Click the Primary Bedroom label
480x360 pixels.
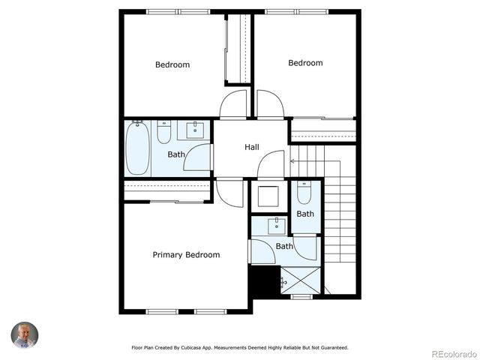(x=186, y=255)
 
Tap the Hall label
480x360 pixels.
(x=252, y=147)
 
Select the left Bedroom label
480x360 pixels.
(x=172, y=64)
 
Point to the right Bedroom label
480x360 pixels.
(x=305, y=63)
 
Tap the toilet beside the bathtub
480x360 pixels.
(x=164, y=132)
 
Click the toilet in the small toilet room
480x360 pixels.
(x=304, y=194)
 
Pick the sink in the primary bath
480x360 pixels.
(x=277, y=225)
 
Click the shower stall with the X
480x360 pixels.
(x=301, y=280)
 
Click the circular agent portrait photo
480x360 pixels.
(x=24, y=335)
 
